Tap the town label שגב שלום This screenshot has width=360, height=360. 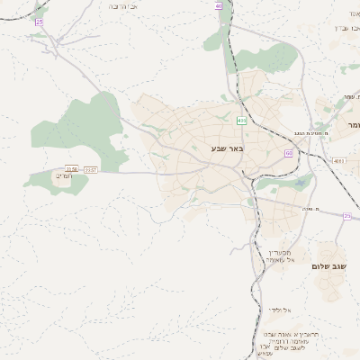click(328, 266)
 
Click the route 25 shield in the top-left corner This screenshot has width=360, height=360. click(39, 21)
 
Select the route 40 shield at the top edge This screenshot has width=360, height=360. click(219, 5)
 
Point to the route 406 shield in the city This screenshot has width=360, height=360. click(241, 120)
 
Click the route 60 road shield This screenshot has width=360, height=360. click(289, 153)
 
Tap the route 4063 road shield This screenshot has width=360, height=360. click(338, 160)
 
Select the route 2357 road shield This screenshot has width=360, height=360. click(90, 169)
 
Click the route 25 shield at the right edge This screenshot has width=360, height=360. click(347, 216)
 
